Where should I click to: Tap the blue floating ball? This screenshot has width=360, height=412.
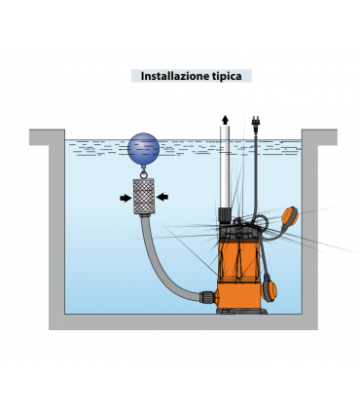pos(144,148)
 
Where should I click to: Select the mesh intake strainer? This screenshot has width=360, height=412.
pos(144,197)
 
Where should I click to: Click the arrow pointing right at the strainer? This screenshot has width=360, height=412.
pos(126,198)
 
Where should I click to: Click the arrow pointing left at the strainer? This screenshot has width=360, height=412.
pos(162,197)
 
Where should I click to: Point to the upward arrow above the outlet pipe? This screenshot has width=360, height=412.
pos(225,120)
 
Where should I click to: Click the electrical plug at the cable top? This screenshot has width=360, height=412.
pos(257,122)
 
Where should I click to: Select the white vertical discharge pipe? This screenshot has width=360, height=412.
pos(225,167)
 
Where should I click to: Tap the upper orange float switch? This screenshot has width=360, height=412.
pos(290,215)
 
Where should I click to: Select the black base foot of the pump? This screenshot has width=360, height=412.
pos(241,311)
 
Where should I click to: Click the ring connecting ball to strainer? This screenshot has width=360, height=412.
pos(144,173)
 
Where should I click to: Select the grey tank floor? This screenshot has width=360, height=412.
pos(183,321)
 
